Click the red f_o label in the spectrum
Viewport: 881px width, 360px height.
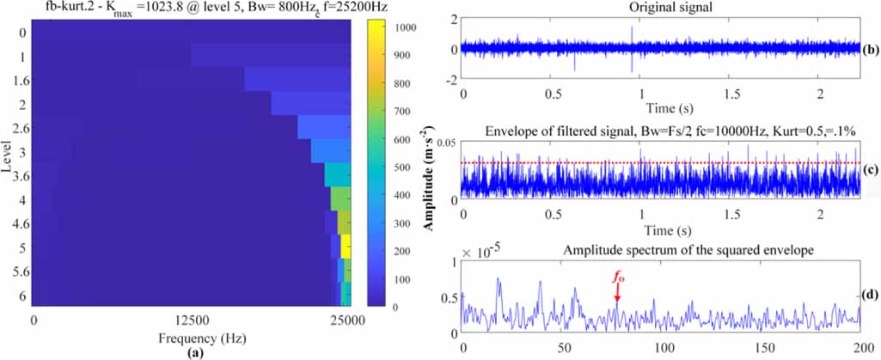point(616,278)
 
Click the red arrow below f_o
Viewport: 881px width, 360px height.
point(616,295)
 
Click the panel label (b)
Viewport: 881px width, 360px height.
point(870,49)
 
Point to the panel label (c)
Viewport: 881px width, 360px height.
point(870,168)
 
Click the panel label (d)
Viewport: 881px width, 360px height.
point(870,294)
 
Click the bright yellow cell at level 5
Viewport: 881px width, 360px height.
point(346,247)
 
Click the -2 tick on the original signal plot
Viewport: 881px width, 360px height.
point(450,81)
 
